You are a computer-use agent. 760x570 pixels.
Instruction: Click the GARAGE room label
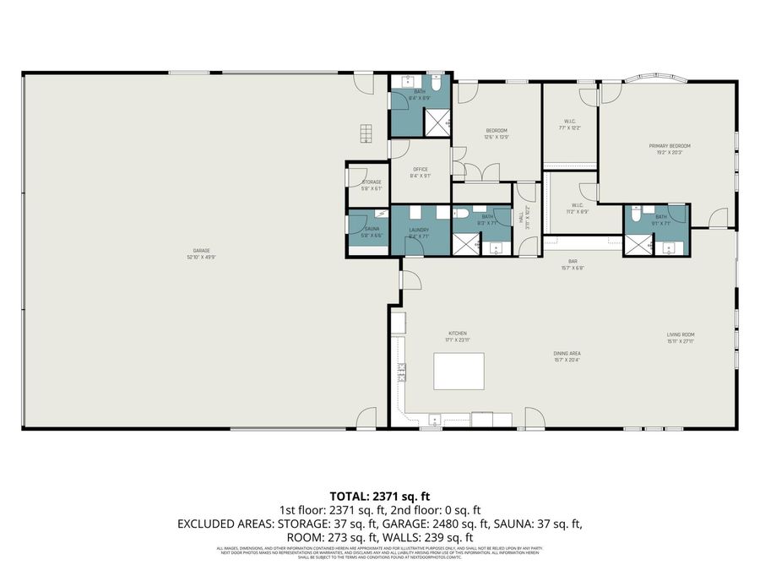click(201, 251)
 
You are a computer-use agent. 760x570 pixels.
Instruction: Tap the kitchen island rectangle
click(459, 372)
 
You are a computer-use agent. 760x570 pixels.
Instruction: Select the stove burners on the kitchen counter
click(402, 372)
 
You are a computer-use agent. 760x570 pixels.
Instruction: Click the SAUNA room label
click(372, 230)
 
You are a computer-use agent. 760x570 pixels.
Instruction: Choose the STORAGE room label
click(372, 182)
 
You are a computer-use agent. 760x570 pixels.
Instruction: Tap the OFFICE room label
click(420, 170)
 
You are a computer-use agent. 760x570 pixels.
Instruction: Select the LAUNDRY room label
click(419, 230)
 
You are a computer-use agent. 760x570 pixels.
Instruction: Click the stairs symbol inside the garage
click(365, 133)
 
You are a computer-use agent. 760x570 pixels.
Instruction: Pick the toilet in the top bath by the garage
click(435, 84)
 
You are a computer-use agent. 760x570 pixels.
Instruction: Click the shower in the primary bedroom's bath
click(638, 244)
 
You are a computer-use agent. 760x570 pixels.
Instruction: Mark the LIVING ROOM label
click(680, 334)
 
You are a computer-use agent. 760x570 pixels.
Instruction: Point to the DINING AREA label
click(567, 353)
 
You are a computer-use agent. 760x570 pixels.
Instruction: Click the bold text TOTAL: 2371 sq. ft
click(379, 496)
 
